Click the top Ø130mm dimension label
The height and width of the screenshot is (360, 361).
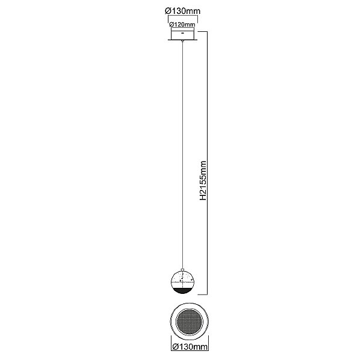coord(183,11)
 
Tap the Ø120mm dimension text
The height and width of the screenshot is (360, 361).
coord(182,25)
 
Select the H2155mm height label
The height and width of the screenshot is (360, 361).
coord(203,180)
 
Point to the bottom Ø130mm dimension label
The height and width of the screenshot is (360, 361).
coord(190,346)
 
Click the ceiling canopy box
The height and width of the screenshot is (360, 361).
coord(182,33)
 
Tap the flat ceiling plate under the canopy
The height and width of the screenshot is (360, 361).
coord(182,40)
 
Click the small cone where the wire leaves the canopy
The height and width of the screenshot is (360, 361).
coord(182,41)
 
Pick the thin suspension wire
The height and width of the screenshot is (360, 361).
coord(182,156)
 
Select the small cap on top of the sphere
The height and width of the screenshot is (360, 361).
coord(182,270)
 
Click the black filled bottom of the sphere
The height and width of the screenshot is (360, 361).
coord(182,290)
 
